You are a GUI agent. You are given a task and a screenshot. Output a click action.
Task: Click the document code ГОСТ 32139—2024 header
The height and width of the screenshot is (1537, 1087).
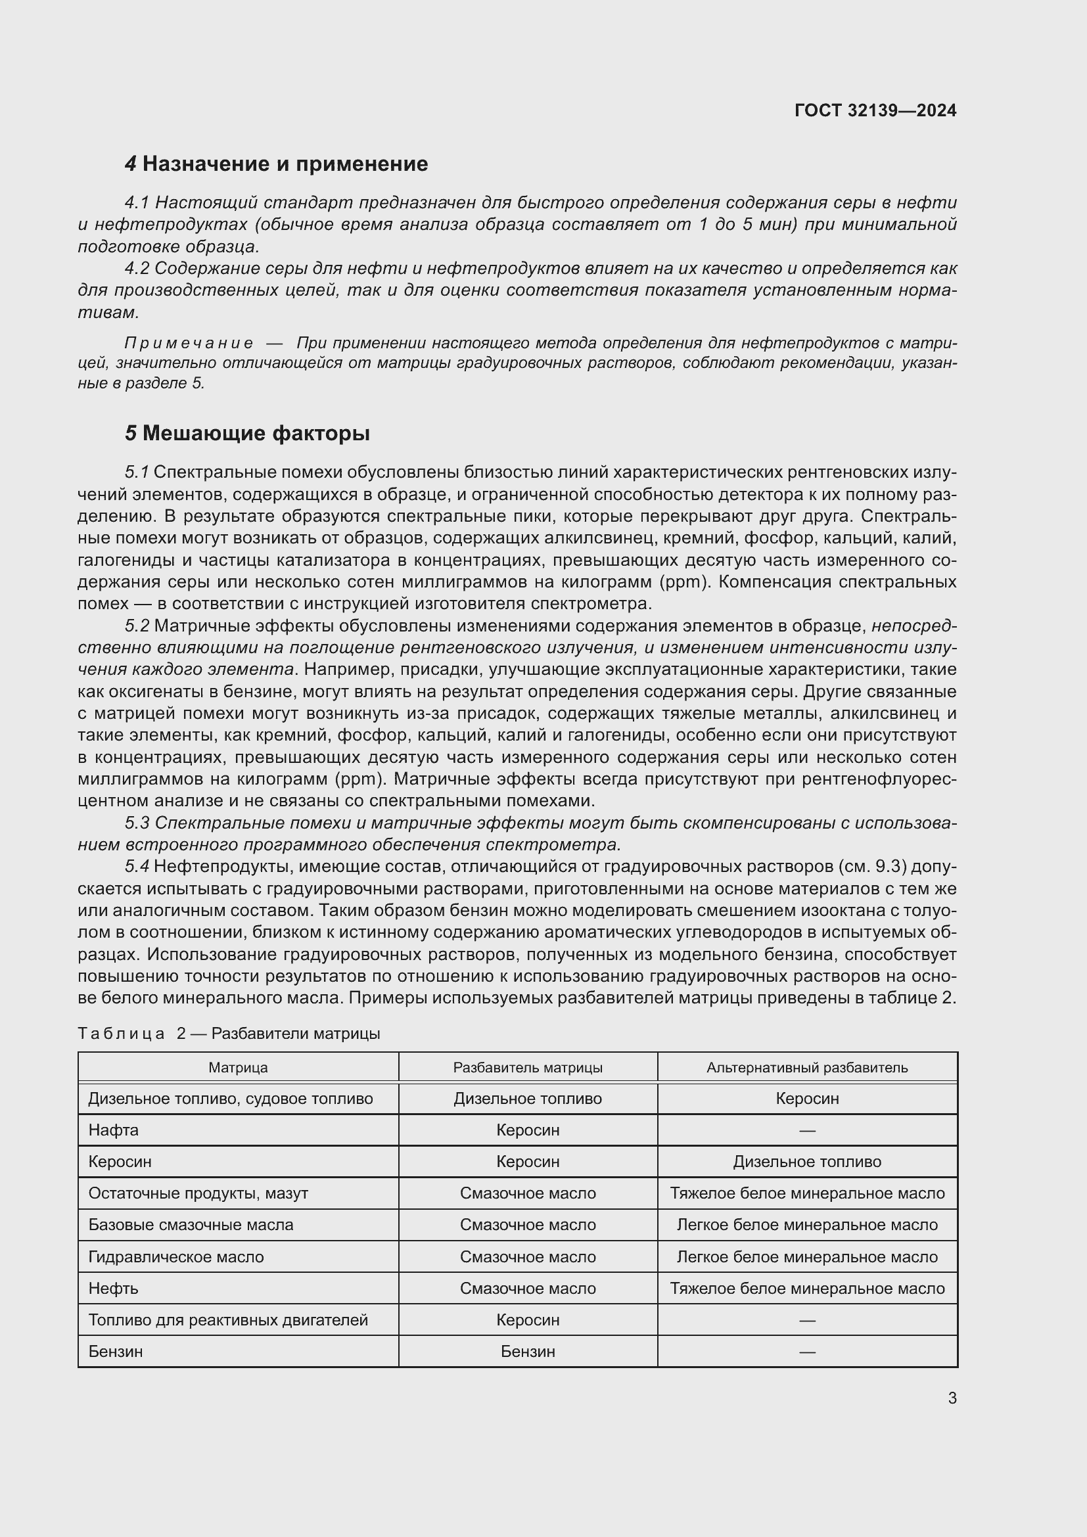[875, 110]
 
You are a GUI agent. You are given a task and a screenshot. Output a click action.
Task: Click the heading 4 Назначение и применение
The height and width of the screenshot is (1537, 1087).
[277, 164]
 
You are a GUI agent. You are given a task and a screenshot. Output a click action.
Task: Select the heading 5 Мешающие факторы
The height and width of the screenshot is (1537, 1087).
[248, 434]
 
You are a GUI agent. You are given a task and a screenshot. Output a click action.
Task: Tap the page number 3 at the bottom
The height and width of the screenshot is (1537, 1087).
[952, 1398]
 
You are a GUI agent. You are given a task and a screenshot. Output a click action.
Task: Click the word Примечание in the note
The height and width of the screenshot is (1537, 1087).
[189, 344]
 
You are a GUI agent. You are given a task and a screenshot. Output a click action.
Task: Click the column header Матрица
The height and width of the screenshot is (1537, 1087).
[238, 1068]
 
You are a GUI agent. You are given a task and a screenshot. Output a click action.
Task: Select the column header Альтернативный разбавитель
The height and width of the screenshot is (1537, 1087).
[806, 1068]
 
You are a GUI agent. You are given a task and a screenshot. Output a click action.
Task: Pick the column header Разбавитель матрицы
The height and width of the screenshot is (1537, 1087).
[528, 1068]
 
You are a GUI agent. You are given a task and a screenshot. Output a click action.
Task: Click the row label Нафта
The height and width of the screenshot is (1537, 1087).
[114, 1131]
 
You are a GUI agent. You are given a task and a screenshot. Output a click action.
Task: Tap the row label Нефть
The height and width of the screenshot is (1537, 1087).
[114, 1289]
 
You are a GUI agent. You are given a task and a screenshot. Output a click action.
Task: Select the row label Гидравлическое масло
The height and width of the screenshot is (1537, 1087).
[176, 1257]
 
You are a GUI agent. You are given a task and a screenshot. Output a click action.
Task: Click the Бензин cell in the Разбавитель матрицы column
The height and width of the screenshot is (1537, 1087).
[528, 1352]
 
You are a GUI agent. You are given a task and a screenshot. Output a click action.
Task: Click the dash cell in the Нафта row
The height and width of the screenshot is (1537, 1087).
[806, 1131]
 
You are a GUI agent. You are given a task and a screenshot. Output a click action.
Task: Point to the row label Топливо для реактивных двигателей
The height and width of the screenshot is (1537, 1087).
[228, 1320]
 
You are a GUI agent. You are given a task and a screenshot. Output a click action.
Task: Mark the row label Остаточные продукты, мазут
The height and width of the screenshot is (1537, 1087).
[198, 1193]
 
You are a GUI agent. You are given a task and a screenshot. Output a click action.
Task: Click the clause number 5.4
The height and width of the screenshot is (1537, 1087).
[137, 867]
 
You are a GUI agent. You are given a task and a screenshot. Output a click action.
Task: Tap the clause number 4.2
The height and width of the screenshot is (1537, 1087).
[137, 269]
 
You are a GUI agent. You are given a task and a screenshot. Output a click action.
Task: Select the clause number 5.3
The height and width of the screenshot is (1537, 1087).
[137, 823]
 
